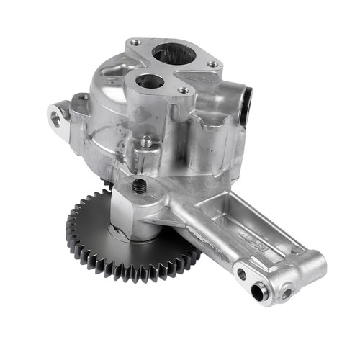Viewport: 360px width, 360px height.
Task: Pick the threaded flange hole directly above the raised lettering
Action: click(184, 91)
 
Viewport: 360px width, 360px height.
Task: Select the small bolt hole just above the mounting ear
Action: click(82, 96)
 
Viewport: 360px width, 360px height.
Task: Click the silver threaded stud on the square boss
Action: click(146, 142)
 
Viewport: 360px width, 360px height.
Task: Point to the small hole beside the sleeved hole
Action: click(242, 274)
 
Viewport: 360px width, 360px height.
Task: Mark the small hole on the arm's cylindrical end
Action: click(288, 293)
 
